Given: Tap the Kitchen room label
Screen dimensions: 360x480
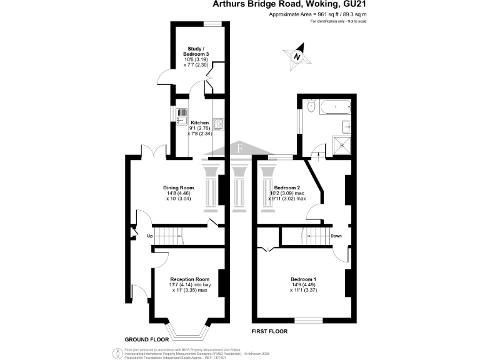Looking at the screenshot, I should (199, 122).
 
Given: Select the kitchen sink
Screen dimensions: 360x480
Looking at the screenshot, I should (182, 116).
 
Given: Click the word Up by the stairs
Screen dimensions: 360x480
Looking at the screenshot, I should (150, 236).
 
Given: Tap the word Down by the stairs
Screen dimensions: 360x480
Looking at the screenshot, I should (336, 236).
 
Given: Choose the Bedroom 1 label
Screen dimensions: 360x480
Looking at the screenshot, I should (303, 279).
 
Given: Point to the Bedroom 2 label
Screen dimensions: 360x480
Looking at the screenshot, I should (287, 187).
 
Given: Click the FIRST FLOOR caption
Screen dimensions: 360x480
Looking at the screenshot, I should (269, 330).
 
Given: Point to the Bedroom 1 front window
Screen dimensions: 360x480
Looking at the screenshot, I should (309, 321).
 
